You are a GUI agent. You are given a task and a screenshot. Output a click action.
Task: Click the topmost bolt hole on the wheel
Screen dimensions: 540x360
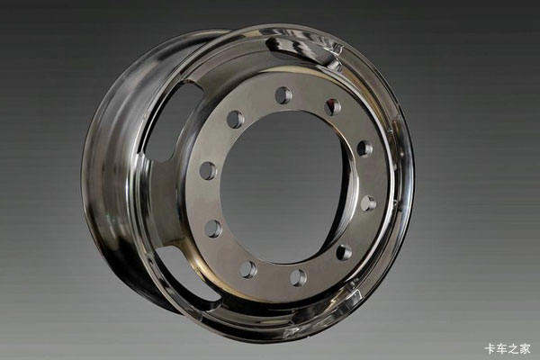(284, 95)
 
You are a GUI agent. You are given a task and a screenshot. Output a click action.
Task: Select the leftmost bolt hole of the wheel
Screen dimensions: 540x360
(209, 170)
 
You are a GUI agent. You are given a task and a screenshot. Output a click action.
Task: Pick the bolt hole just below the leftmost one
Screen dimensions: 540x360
(213, 228)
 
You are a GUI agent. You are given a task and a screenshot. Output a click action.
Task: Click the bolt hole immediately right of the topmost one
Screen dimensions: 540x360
(333, 107)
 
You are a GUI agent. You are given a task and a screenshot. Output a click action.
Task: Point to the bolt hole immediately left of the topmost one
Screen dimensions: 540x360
(236, 120)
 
